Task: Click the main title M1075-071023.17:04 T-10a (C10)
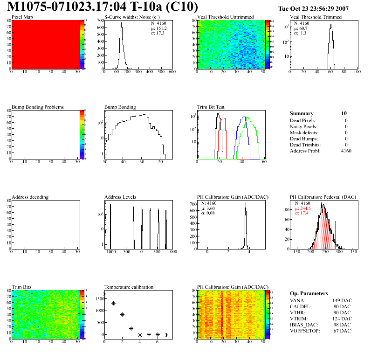click(x=103, y=7)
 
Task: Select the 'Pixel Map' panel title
click(x=22, y=17)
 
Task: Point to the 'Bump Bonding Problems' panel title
click(x=37, y=107)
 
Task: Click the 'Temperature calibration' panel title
click(x=129, y=287)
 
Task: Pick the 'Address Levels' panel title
click(x=120, y=197)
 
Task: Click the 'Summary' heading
click(x=302, y=113)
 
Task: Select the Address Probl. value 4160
click(x=346, y=151)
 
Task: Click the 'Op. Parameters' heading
click(x=309, y=293)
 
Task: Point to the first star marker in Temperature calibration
click(x=104, y=294)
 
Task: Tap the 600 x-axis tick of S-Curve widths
click(x=172, y=72)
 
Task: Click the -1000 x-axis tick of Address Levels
click(x=110, y=252)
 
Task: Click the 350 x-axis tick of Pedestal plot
click(x=353, y=252)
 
